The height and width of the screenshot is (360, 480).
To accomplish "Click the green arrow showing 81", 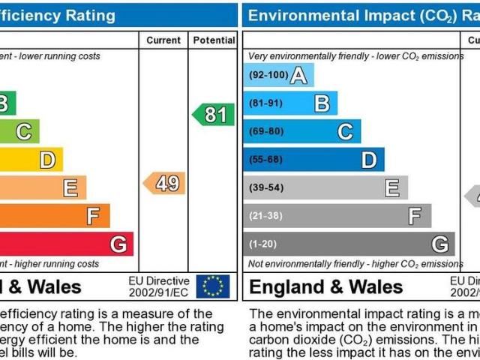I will click(x=212, y=115).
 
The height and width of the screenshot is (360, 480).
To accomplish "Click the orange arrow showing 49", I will click(x=165, y=183).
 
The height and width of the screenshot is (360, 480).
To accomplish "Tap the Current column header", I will click(x=163, y=40).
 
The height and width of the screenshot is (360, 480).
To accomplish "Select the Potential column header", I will click(x=213, y=40).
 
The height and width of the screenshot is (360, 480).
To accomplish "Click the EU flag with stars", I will click(x=212, y=286).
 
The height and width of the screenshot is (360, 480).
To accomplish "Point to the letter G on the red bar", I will click(x=118, y=244).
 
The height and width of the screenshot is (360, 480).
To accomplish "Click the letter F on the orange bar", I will click(x=94, y=216).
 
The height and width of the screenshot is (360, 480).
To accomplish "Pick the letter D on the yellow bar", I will click(x=47, y=160).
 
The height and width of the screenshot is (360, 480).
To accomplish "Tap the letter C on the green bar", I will click(x=24, y=132).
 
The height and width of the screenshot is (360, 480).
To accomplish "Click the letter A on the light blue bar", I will click(x=298, y=75).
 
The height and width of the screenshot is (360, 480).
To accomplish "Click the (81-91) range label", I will click(x=266, y=103).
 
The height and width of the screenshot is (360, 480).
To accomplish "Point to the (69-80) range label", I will click(x=266, y=131).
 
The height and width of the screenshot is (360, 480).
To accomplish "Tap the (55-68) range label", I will click(x=266, y=160).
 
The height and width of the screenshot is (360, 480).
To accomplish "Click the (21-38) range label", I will click(x=266, y=216).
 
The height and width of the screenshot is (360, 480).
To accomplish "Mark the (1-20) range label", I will click(x=264, y=244).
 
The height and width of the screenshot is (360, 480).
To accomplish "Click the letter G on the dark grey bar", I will click(x=439, y=244).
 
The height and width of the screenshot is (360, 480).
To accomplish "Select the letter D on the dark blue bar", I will click(x=369, y=160).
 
